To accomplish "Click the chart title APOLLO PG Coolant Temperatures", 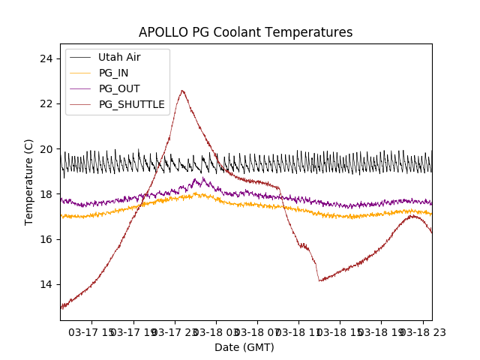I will coord(245,32).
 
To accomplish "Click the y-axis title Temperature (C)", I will coord(29,181).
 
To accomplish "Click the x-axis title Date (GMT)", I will coord(244,347).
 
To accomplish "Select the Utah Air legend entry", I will coord(118,57).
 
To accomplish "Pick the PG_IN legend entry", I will coord(114,73).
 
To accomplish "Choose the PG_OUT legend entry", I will coord(118,88).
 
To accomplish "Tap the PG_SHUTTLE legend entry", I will coord(131,104).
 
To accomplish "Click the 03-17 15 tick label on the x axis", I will coord(92,331).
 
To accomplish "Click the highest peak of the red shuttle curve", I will coord(181,91).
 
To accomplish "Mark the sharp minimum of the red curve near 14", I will coord(319,280).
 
